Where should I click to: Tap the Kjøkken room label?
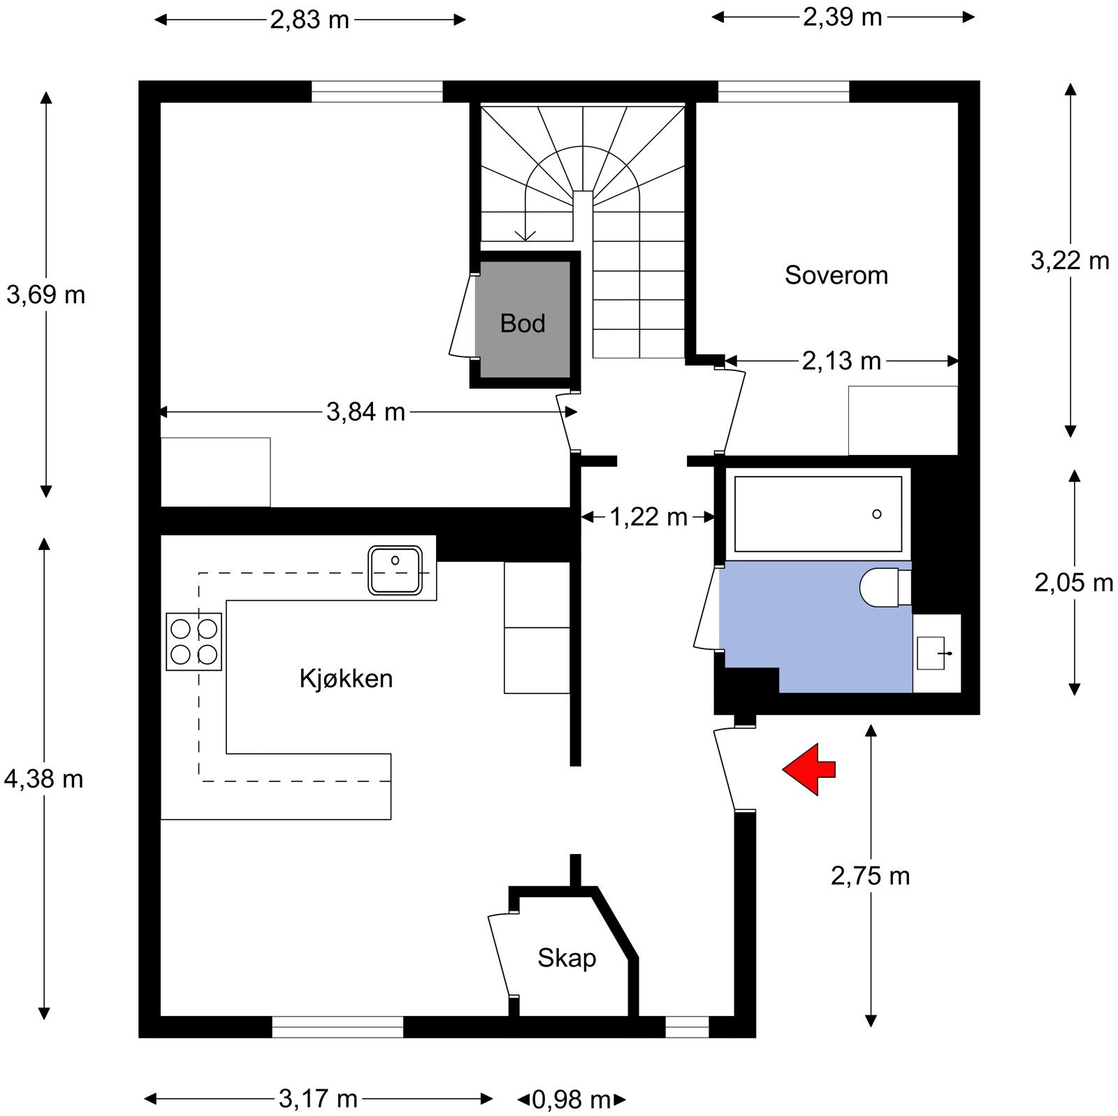tap(346, 679)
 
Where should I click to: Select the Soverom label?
tap(836, 275)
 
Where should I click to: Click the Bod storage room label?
tap(523, 323)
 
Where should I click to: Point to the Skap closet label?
tap(567, 958)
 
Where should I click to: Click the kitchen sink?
tap(395, 570)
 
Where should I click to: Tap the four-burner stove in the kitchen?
tap(194, 642)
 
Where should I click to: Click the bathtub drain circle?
tap(877, 514)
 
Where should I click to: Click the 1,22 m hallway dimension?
tap(648, 517)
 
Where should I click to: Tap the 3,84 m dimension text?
tap(365, 412)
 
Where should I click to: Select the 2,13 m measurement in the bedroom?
tap(841, 361)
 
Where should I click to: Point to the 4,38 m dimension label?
tap(43, 778)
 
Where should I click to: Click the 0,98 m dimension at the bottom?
tap(572, 1100)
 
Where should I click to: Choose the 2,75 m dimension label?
tap(871, 876)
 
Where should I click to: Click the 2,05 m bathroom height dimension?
tap(1074, 582)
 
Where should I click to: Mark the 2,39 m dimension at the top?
tap(843, 17)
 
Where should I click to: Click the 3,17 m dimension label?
tap(318, 1099)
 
